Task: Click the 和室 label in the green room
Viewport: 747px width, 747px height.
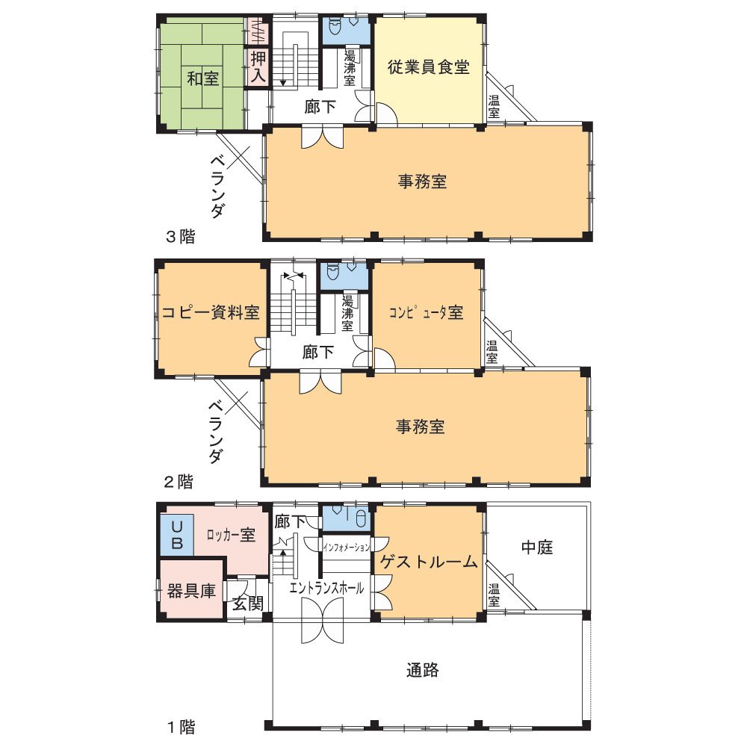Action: pyautogui.click(x=203, y=78)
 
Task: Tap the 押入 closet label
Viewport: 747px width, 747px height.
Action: pyautogui.click(x=258, y=66)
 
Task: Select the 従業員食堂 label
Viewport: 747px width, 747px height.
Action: pyautogui.click(x=428, y=66)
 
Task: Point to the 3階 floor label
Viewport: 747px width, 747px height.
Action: pyautogui.click(x=181, y=236)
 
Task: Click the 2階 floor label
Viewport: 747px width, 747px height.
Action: pyautogui.click(x=179, y=482)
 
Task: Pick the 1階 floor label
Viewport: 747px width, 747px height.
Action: pyautogui.click(x=181, y=727)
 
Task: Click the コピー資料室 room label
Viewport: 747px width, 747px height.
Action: pyautogui.click(x=211, y=312)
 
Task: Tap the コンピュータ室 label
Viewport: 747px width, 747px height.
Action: pyautogui.click(x=426, y=312)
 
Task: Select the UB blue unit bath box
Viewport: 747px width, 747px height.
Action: pyautogui.click(x=177, y=535)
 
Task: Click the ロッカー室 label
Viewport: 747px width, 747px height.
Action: pyautogui.click(x=231, y=535)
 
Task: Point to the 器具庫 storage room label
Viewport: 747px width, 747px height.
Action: pyautogui.click(x=191, y=591)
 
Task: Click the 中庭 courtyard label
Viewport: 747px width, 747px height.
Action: pyautogui.click(x=537, y=548)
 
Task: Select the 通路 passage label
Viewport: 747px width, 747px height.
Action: pyautogui.click(x=423, y=670)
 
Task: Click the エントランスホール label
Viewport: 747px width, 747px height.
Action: pyautogui.click(x=327, y=589)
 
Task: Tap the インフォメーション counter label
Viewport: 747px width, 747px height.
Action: pyautogui.click(x=347, y=548)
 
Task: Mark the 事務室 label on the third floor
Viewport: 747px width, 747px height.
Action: pyautogui.click(x=423, y=182)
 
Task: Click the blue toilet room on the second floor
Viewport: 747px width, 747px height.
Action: pyautogui.click(x=344, y=276)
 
